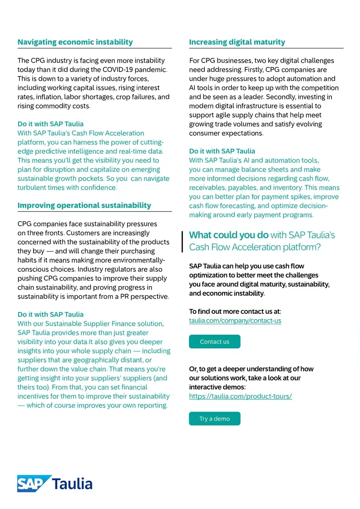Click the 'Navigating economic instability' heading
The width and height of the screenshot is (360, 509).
click(x=75, y=42)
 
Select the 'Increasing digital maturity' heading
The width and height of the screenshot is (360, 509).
click(x=237, y=42)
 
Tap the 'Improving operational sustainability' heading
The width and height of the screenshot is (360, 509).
click(x=84, y=206)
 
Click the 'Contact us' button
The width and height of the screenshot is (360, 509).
click(x=214, y=342)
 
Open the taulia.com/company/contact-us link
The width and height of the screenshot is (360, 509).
click(x=235, y=321)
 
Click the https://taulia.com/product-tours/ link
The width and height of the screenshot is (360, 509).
click(x=240, y=396)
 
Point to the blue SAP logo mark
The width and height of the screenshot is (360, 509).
click(x=33, y=483)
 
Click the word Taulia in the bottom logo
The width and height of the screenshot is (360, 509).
click(x=73, y=484)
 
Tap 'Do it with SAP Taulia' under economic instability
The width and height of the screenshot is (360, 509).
click(x=50, y=124)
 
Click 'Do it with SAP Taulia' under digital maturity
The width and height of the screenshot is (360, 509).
click(x=222, y=151)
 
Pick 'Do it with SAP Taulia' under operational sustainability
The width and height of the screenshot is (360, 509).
click(x=50, y=314)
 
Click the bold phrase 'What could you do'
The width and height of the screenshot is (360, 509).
click(x=228, y=235)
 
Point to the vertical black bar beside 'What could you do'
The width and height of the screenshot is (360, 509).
click(x=182, y=241)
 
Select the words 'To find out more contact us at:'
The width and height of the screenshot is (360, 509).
click(x=235, y=312)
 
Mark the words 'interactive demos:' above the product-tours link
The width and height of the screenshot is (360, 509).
click(x=217, y=387)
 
